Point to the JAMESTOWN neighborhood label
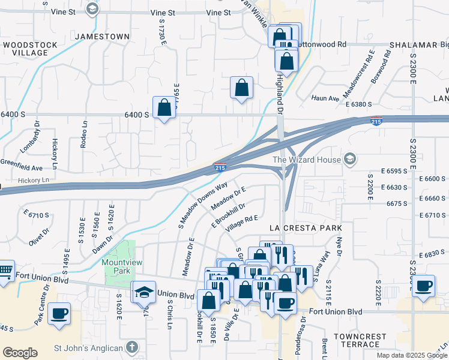tap(102, 37)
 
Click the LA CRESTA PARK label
tap(306, 229)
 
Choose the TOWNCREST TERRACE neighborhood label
tap(359, 340)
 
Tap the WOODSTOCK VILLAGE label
tap(30, 49)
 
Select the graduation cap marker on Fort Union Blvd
tap(143, 292)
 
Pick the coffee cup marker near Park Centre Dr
tap(59, 313)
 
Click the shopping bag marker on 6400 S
tap(164, 108)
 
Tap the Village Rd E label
tap(241, 225)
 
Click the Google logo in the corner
tap(20, 353)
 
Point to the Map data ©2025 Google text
tap(412, 355)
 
